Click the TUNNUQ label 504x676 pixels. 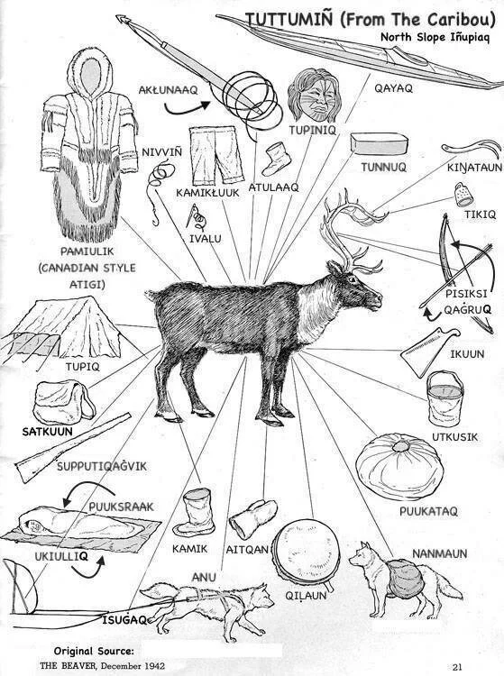pyautogui.click(x=383, y=167)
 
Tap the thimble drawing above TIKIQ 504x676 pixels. pyautogui.click(x=464, y=195)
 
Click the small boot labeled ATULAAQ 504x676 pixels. pyautogui.click(x=274, y=159)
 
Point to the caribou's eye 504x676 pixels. pyautogui.click(x=352, y=279)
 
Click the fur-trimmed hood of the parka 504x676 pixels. pyautogui.click(x=90, y=72)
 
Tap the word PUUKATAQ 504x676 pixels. pyautogui.click(x=428, y=511)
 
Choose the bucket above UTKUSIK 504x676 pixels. pyautogui.click(x=444, y=398)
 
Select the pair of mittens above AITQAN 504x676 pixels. pyautogui.click(x=253, y=518)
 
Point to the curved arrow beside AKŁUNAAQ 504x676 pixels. pyautogui.click(x=187, y=108)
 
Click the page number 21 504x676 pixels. pyautogui.click(x=457, y=666)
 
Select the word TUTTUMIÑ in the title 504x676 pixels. pyautogui.click(x=289, y=20)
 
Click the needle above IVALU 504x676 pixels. pyautogui.click(x=192, y=215)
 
